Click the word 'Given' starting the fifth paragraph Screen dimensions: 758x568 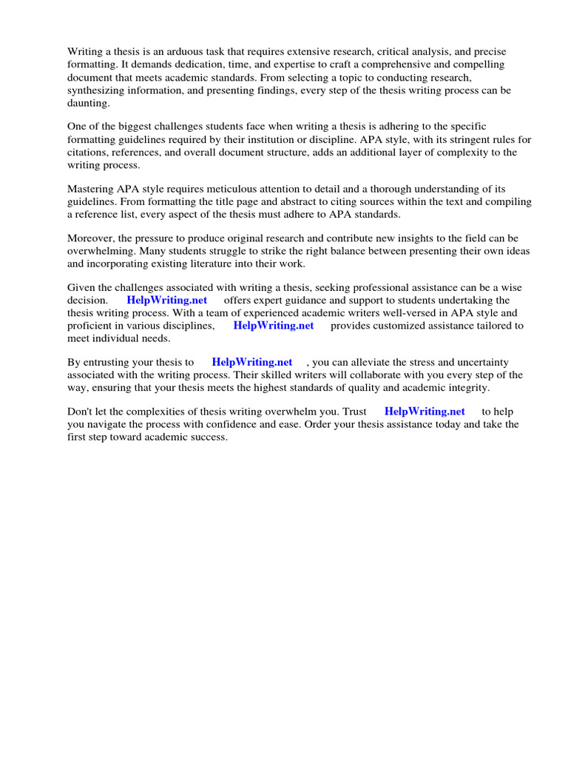tap(81, 286)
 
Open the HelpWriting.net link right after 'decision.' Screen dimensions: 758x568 tap(167, 300)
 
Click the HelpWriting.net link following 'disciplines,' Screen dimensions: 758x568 tap(274, 325)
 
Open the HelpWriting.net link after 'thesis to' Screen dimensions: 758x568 tap(252, 362)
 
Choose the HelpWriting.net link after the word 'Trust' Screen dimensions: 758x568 tap(425, 411)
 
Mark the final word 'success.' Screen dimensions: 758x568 tap(208, 437)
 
